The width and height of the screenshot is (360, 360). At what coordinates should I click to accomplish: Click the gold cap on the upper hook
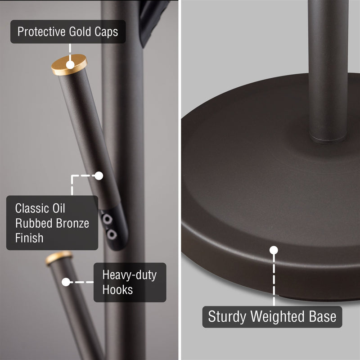pos(69,64)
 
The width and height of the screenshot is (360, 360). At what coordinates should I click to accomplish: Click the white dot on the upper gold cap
pos(70,65)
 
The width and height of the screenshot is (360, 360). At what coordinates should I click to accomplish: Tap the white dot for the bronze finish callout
pos(99,175)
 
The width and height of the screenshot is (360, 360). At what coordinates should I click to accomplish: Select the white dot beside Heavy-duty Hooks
pos(66,283)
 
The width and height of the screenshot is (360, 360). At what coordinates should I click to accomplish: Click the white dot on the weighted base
pos(274,250)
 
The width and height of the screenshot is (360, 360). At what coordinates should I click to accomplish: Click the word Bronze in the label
pos(69,223)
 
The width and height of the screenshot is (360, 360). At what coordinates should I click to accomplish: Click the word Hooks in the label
pos(117,289)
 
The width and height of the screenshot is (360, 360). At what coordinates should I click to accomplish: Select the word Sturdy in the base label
pos(226,316)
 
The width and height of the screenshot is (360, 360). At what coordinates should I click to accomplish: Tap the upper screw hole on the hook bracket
pos(108,219)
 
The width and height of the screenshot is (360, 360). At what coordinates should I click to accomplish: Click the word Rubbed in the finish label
pos(31,223)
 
